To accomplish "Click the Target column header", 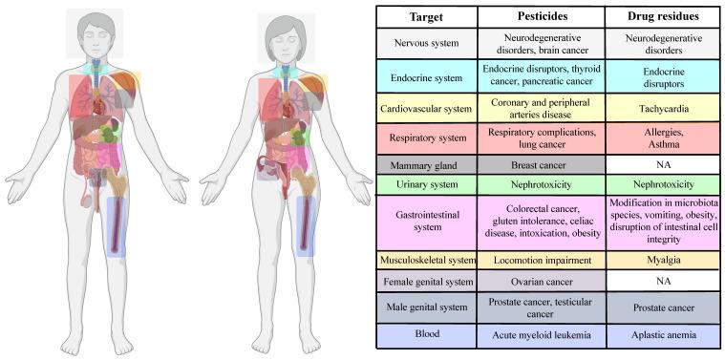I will pyautogui.click(x=426, y=17).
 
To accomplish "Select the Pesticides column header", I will pyautogui.click(x=541, y=17).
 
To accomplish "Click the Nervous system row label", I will pyautogui.click(x=426, y=43).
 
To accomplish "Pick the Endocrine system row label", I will pyautogui.click(x=426, y=75).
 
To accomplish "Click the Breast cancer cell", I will pyautogui.click(x=541, y=164).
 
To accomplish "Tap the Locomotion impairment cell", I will pyautogui.click(x=541, y=260).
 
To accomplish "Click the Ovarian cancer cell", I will pyautogui.click(x=541, y=283).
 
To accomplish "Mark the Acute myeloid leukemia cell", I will pyautogui.click(x=541, y=335).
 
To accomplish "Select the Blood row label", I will pyautogui.click(x=426, y=335).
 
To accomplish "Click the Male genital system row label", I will pyautogui.click(x=426, y=307).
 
